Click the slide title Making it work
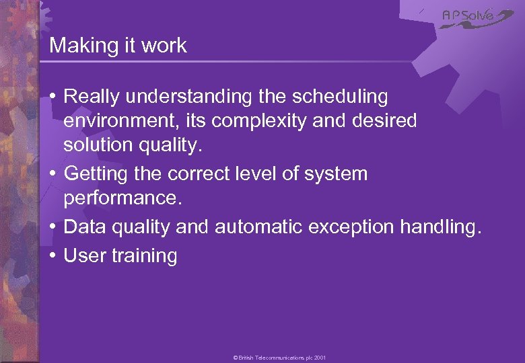click(118, 46)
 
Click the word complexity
click(251, 122)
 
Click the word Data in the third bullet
click(82, 228)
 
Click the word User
click(83, 256)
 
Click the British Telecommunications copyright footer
click(279, 358)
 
